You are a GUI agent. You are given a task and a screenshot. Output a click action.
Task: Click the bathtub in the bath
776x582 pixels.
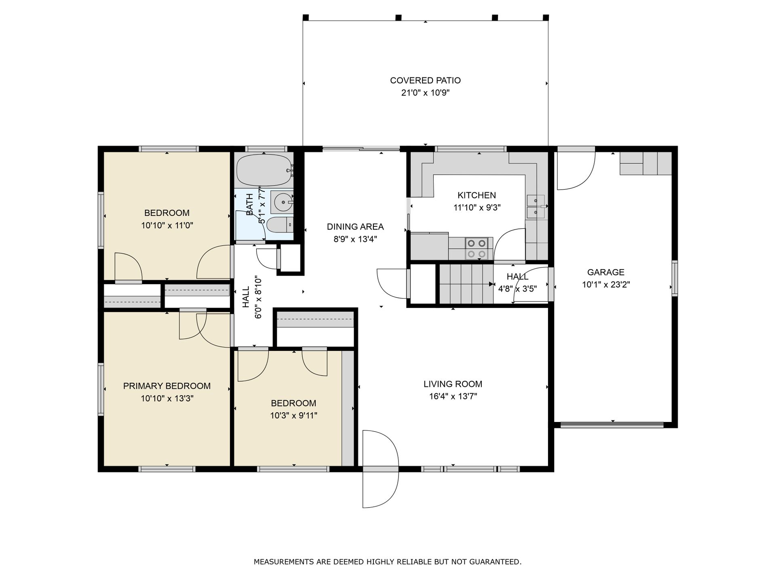pyautogui.click(x=264, y=170)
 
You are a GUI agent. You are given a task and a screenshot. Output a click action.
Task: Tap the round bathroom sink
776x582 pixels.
pyautogui.click(x=282, y=201)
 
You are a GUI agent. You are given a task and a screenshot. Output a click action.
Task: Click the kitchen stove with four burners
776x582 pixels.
pyautogui.click(x=476, y=248)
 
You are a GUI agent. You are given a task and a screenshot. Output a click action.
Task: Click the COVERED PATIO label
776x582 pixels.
pyautogui.click(x=425, y=80)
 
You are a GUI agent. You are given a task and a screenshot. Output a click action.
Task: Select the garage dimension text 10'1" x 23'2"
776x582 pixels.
pyautogui.click(x=606, y=285)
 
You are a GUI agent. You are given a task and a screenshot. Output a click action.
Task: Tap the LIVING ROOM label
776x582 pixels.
pyautogui.click(x=453, y=384)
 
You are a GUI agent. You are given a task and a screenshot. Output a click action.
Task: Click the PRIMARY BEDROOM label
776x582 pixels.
pyautogui.click(x=167, y=386)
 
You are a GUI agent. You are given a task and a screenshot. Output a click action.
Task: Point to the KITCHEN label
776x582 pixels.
pyautogui.click(x=477, y=195)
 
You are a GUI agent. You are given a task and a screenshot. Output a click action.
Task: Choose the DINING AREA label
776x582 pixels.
pyautogui.click(x=355, y=227)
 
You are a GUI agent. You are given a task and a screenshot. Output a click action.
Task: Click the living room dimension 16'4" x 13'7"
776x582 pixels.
pyautogui.click(x=453, y=396)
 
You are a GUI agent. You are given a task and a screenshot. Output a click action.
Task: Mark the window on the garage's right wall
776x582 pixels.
pyautogui.click(x=675, y=278)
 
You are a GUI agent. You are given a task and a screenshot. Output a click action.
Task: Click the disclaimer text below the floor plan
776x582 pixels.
pyautogui.click(x=388, y=562)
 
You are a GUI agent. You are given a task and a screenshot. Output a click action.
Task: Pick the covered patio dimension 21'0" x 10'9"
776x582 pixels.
pyautogui.click(x=425, y=93)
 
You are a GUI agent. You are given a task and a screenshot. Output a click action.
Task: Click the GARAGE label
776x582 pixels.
pyautogui.click(x=606, y=272)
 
